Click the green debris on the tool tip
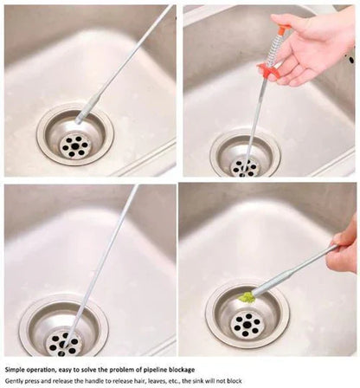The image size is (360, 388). (247, 297)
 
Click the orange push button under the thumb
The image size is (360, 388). (283, 29)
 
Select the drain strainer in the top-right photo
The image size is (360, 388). (246, 161)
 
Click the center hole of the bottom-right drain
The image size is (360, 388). (247, 325)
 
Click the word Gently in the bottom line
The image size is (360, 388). (16, 381)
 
